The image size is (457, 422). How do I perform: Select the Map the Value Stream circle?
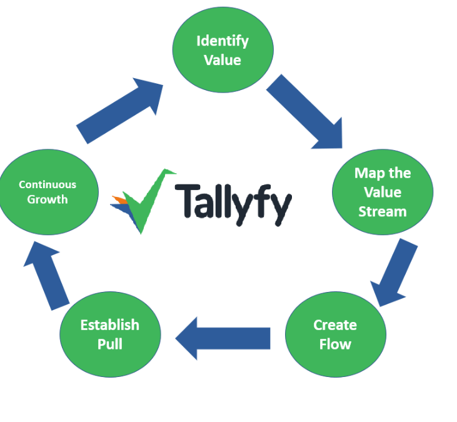(x=382, y=192)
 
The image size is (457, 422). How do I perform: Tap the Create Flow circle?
(x=336, y=334)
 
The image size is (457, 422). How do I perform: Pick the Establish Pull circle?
(x=109, y=334)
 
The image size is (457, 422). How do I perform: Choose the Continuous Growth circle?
(x=48, y=192)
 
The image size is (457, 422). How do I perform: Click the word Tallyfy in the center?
(x=233, y=203)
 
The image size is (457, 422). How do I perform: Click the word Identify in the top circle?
(x=223, y=41)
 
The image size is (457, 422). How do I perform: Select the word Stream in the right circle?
(x=382, y=211)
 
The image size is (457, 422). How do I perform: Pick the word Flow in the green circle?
(x=335, y=344)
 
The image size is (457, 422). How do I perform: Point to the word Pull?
(x=109, y=344)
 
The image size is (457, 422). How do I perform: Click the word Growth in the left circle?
(x=48, y=200)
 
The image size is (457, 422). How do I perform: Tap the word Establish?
(x=109, y=325)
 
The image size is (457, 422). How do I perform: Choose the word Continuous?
(x=48, y=184)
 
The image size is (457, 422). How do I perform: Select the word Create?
(x=335, y=325)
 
